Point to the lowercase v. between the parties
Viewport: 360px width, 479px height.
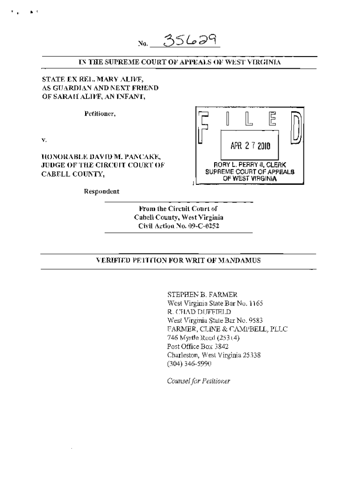(43, 140)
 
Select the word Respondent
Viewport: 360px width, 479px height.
(101, 191)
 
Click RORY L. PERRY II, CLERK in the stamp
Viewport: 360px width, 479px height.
(250, 165)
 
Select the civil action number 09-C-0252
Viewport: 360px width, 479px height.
(202, 225)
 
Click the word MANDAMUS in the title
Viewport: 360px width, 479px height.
(239, 261)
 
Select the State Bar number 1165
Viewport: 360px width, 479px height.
(256, 303)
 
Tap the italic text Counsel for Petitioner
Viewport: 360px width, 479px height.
(199, 381)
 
